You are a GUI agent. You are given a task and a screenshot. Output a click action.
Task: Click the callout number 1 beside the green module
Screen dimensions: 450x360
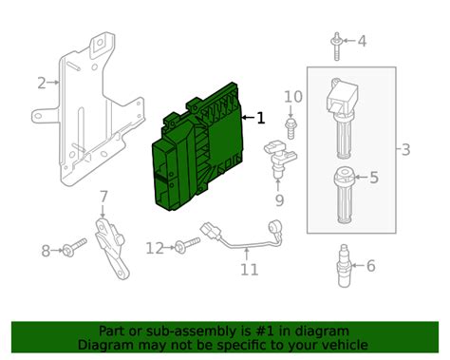[261, 118]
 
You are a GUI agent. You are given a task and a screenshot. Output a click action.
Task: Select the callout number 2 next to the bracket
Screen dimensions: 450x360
[42, 83]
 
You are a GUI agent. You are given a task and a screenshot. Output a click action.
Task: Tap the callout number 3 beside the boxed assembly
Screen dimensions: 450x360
[405, 149]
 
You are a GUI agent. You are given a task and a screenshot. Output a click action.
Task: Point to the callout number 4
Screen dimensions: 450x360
[362, 41]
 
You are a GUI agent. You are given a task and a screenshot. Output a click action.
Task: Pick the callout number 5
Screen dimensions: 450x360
[374, 178]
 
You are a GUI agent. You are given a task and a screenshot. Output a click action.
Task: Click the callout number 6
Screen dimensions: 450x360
[371, 265]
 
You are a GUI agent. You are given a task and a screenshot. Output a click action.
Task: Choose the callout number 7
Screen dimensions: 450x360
[103, 197]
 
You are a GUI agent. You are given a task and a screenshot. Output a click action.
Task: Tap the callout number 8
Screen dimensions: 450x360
[46, 251]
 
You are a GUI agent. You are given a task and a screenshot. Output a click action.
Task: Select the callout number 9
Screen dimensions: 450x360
[279, 200]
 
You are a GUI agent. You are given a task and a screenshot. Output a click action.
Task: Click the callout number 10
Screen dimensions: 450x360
[293, 97]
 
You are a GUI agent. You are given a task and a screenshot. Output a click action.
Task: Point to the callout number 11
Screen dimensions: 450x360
[250, 270]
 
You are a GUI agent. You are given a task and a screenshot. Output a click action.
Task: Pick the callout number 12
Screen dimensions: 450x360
[155, 248]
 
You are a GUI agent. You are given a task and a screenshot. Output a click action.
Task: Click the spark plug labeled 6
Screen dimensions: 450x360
[344, 265]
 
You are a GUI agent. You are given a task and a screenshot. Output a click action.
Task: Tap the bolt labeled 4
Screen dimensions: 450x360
[337, 47]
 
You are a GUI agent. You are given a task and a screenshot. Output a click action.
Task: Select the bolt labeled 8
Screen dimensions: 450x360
[74, 247]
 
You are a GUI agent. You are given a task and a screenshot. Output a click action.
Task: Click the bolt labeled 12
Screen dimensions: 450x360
[187, 245]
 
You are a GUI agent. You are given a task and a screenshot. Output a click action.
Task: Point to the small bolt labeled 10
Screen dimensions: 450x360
[290, 128]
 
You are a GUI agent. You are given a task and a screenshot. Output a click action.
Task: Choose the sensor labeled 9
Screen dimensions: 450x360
[280, 160]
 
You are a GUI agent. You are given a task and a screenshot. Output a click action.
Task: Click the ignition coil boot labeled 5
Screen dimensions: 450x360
[344, 195]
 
